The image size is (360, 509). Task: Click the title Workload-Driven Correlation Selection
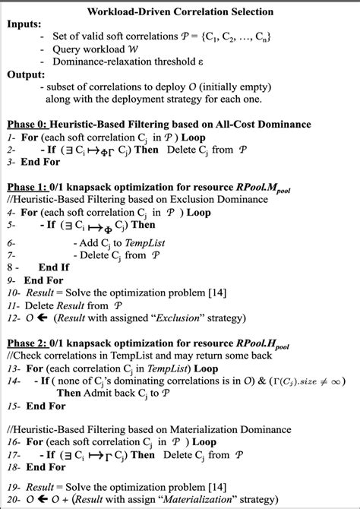click(180, 13)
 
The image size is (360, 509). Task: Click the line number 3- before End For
click(11, 161)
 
